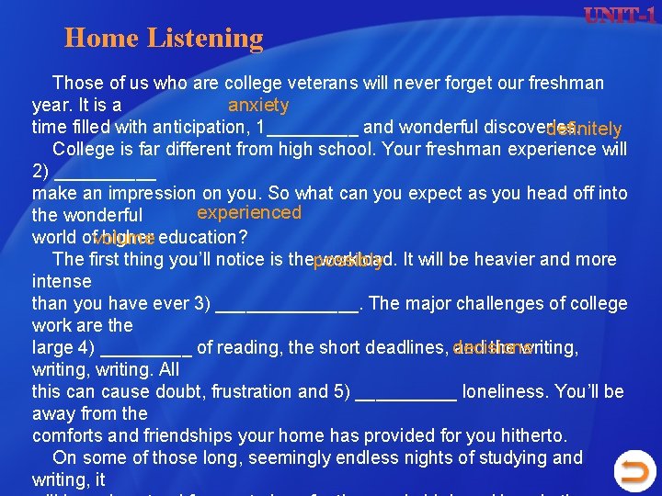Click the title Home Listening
click(x=164, y=39)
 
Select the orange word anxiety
click(x=258, y=106)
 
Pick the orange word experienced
click(x=249, y=213)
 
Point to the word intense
click(x=62, y=282)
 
